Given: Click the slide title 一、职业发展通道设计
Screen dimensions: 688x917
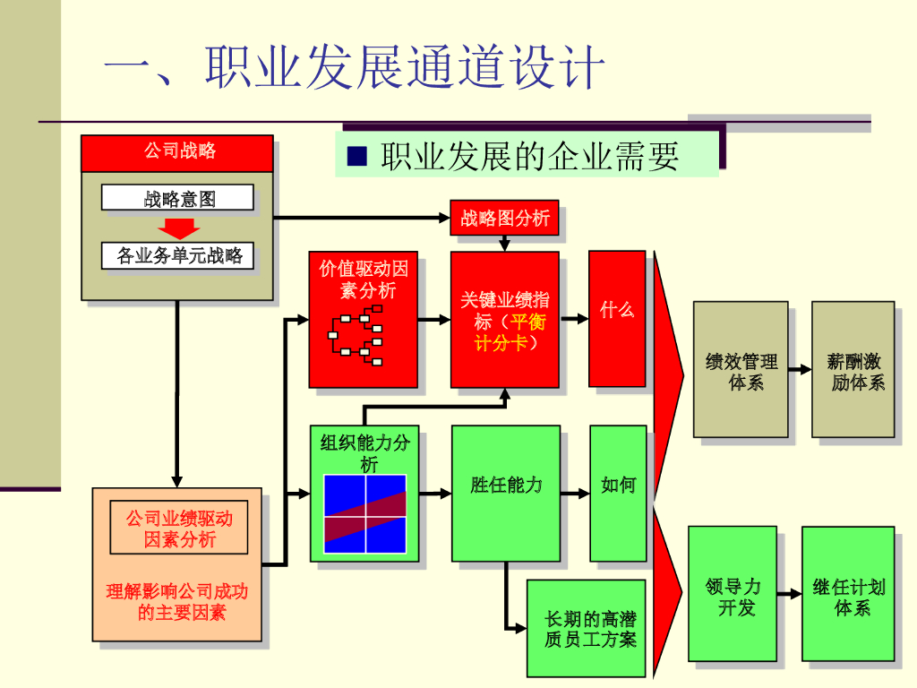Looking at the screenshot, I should point(355,67).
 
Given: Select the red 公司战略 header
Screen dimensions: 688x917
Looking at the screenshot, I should point(177,152).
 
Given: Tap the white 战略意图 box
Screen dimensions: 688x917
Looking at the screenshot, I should point(177,198).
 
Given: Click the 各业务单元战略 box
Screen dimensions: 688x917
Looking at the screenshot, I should point(177,257).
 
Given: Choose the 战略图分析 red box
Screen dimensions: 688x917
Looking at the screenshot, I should point(504,218).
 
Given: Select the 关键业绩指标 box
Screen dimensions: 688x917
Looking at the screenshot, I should point(504,320).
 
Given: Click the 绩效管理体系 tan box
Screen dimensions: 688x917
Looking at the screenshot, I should point(741,369).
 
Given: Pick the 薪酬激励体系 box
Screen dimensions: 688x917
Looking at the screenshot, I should point(853,369).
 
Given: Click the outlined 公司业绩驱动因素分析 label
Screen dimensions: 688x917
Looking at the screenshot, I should point(179,528).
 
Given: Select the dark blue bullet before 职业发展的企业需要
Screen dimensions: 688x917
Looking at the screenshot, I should point(357,157).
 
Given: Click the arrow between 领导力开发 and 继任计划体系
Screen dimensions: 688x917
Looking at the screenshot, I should point(789,593).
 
